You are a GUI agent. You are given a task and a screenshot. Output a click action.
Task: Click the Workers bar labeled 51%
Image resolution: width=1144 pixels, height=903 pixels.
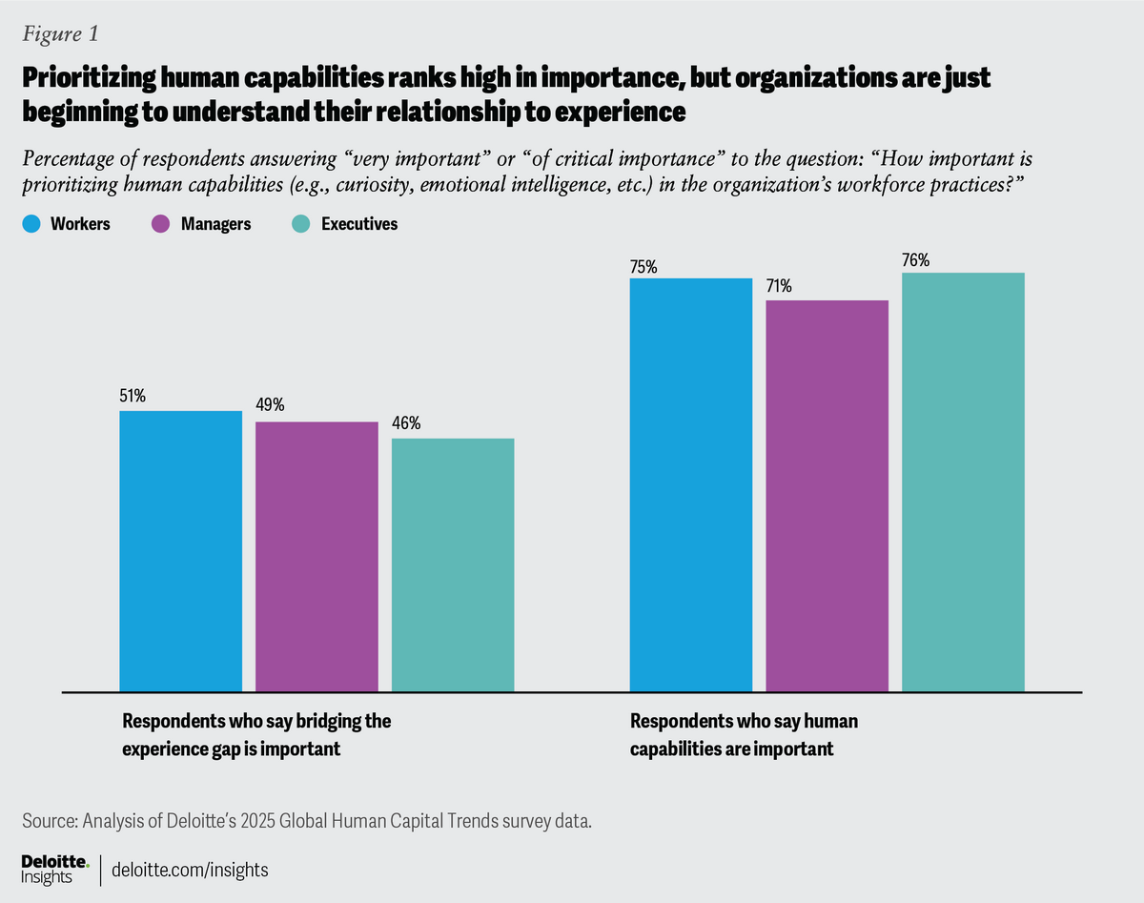[180, 551]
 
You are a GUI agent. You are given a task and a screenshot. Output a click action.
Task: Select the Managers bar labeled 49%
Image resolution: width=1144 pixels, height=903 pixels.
[317, 556]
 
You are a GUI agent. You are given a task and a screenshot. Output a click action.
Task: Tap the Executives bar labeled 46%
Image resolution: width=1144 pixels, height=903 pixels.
[453, 564]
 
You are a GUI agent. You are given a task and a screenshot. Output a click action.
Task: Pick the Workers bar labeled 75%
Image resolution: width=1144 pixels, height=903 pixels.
[691, 484]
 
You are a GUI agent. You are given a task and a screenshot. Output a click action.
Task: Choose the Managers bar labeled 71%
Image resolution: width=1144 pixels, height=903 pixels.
[827, 496]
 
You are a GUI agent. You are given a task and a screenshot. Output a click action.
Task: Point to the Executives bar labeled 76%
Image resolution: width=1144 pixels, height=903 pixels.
[963, 482]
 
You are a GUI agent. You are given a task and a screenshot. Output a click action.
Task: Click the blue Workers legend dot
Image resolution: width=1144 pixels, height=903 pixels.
[30, 224]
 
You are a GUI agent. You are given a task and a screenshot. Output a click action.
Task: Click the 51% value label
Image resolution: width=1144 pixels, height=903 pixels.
[133, 396]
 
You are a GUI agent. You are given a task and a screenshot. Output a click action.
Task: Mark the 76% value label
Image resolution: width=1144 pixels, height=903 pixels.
[915, 258]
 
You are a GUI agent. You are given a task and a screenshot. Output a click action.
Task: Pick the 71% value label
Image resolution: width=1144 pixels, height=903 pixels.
[780, 286]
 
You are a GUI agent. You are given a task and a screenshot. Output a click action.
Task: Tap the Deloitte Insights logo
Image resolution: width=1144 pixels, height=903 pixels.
[53, 869]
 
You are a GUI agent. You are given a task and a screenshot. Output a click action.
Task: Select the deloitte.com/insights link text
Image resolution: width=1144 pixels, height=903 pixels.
[190, 870]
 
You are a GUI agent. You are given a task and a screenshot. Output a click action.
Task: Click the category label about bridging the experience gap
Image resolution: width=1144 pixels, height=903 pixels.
[256, 734]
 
